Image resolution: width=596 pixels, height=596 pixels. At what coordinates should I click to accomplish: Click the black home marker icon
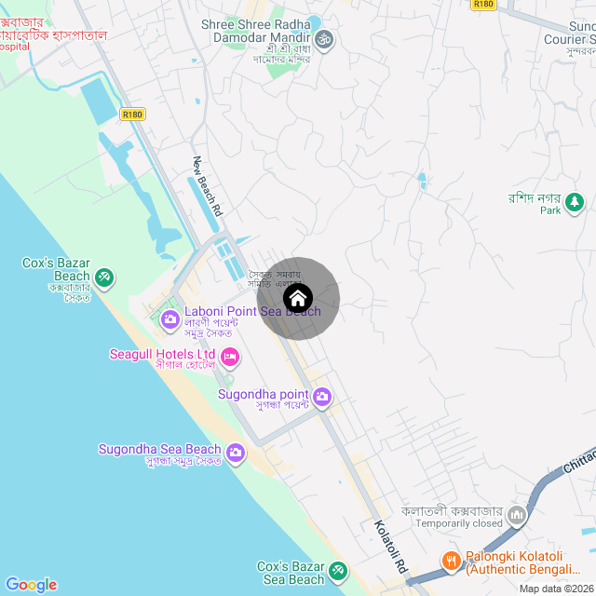298,299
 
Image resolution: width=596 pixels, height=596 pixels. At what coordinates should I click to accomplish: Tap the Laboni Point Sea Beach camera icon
170,320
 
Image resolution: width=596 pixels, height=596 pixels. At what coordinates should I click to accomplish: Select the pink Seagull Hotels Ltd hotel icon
230,356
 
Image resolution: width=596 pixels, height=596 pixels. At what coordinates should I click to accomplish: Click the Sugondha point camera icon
322,398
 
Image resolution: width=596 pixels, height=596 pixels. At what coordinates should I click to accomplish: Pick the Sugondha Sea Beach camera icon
236,454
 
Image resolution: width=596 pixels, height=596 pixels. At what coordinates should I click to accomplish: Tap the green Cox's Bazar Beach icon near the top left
105,277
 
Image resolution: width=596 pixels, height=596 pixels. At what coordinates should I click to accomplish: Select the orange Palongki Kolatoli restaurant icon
452,561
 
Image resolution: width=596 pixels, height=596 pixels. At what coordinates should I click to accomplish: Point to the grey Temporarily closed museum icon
517,514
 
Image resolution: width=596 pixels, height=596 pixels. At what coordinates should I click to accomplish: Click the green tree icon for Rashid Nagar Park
576,200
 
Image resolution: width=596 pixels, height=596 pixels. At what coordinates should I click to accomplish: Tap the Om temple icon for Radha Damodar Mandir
325,40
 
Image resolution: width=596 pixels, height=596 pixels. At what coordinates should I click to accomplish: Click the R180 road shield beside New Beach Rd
133,115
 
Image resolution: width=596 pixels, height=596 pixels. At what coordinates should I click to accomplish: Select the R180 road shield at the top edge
483,4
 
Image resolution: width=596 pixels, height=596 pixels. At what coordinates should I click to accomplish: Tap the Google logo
31,585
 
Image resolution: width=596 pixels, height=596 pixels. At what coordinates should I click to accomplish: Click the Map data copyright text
557,589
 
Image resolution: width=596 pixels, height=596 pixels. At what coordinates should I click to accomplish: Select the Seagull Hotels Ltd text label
163,355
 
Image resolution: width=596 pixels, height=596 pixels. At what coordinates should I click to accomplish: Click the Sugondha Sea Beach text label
160,450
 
